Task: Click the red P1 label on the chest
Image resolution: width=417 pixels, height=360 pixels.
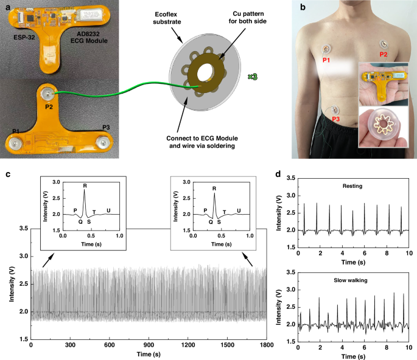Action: [x=328, y=61]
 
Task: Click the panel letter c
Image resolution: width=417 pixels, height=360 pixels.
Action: [x=7, y=174]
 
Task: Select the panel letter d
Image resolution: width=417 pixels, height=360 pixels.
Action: [x=278, y=174]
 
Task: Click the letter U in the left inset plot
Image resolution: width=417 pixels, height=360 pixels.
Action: [x=109, y=211]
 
